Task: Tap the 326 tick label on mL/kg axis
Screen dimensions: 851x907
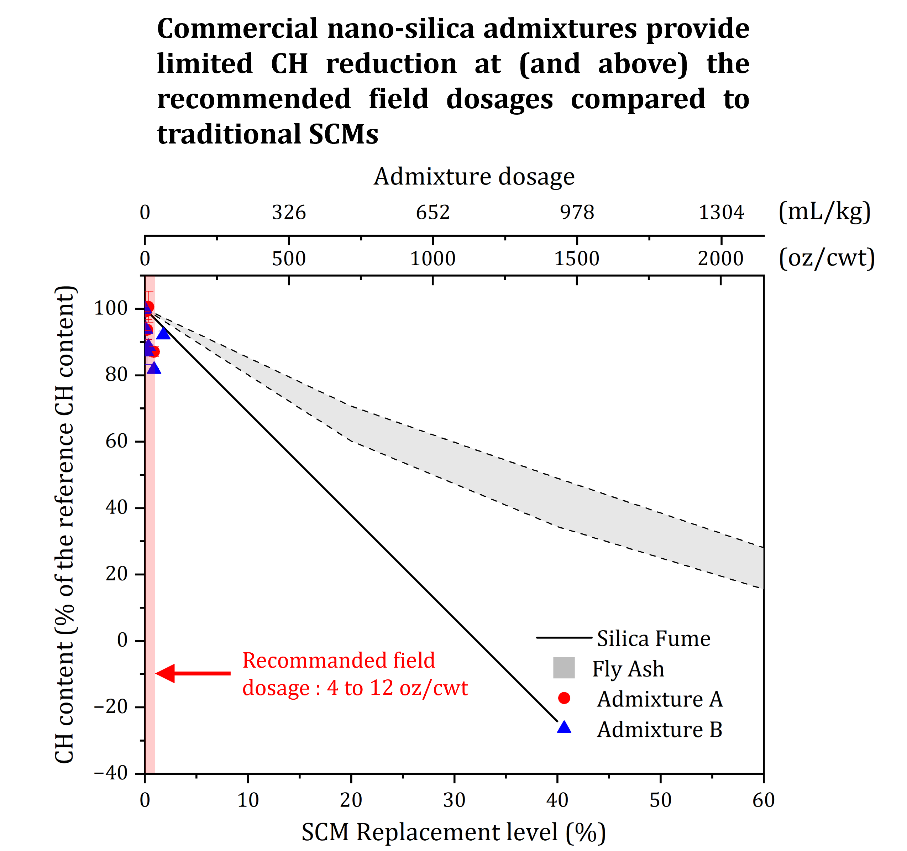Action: click(289, 213)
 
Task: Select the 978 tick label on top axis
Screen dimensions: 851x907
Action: click(577, 213)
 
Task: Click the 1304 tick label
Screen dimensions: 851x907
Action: click(721, 213)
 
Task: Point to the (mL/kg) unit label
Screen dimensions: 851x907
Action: click(824, 212)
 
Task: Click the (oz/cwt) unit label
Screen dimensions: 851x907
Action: click(827, 258)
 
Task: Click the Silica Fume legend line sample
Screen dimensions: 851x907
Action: click(563, 637)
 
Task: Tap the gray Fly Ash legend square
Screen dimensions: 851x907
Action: click(564, 668)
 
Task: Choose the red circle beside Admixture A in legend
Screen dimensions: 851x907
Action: click(564, 698)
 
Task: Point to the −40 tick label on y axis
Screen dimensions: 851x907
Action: click(111, 773)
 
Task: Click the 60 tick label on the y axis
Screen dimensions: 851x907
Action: click(116, 441)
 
